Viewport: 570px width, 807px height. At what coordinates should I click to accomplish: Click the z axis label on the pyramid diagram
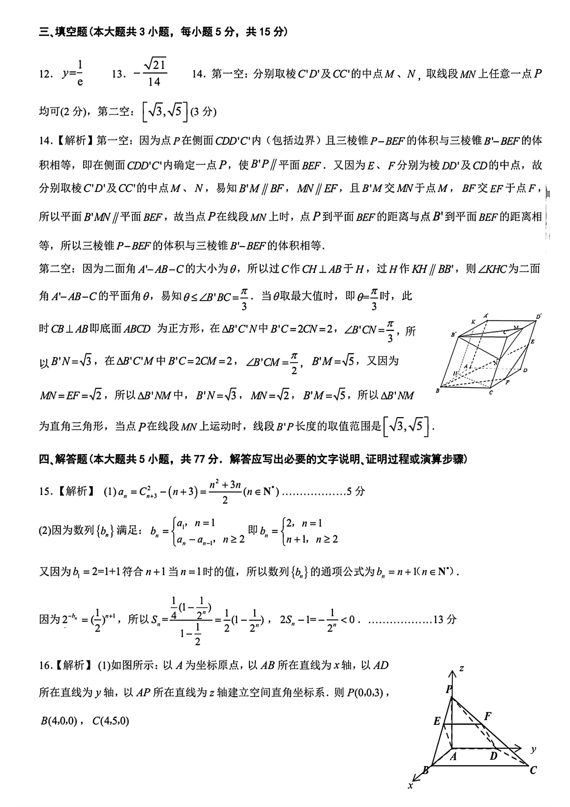tap(462, 668)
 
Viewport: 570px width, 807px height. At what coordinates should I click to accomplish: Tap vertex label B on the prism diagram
tap(437, 390)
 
